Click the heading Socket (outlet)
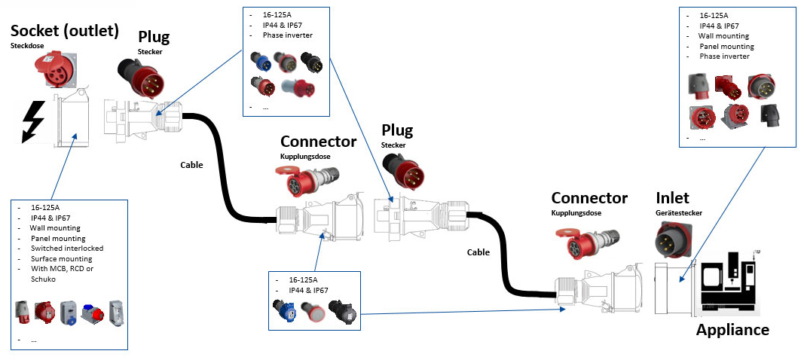pos(65,31)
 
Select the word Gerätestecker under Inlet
pos(679,213)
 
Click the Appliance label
pos(732,330)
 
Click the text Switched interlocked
pos(67,248)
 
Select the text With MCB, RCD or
pos(63,268)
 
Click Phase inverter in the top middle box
pos(287,35)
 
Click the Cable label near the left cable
pos(191,164)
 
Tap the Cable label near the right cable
pos(478,252)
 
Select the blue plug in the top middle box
pos(261,61)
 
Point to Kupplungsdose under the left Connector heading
pos(303,156)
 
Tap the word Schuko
pos(44,279)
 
